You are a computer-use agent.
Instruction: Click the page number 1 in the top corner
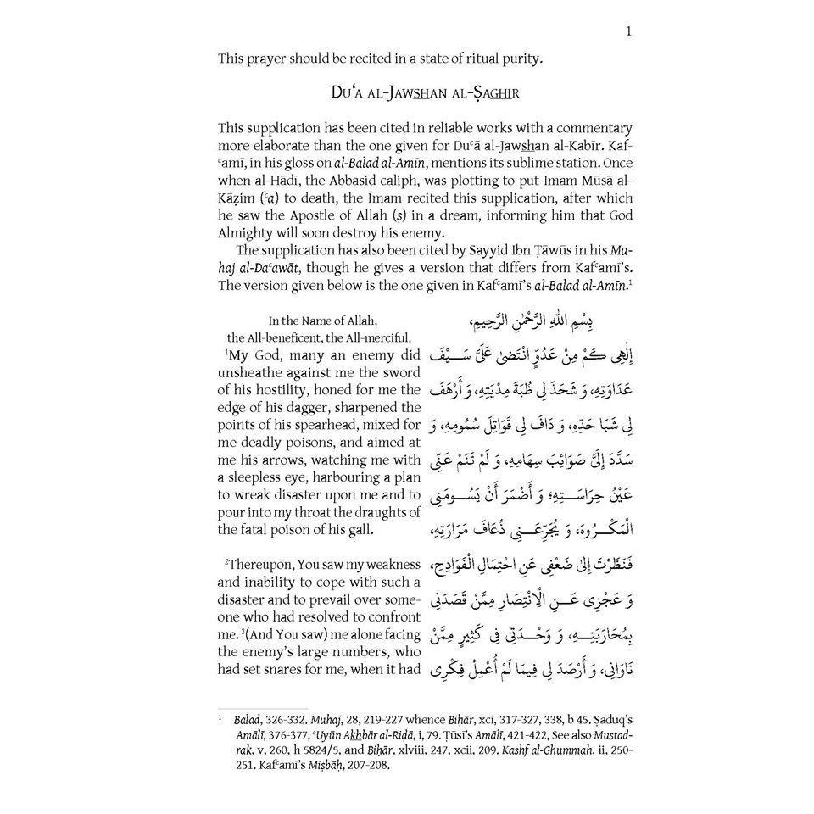pyautogui.click(x=627, y=32)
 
